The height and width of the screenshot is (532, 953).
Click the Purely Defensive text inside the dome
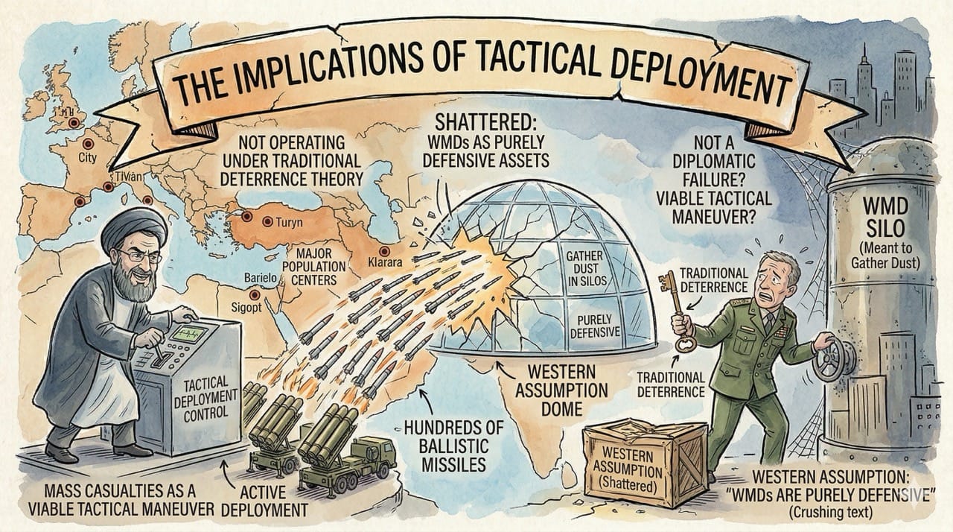click(x=595, y=326)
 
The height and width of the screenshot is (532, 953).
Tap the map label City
click(x=88, y=158)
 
